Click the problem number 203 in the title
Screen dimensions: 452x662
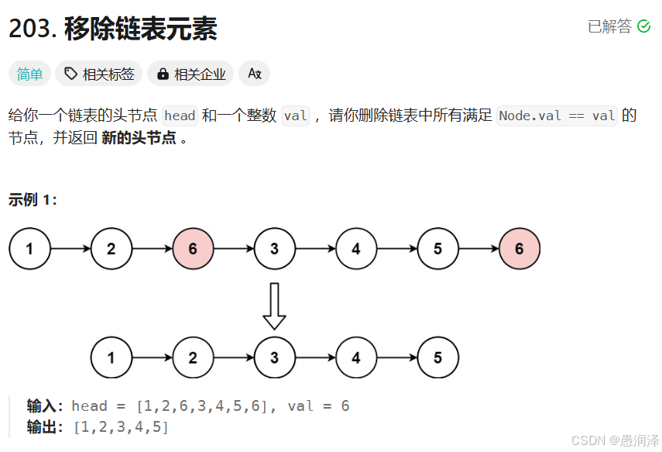30,29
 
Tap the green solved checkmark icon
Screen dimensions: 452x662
643,26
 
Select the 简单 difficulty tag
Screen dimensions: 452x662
30,74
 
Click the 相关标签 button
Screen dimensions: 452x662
99,74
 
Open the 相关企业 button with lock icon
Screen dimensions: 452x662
191,74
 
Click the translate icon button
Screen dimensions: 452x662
254,74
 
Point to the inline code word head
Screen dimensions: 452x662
180,116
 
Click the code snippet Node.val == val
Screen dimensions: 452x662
557,116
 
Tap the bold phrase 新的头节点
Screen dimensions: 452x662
139,139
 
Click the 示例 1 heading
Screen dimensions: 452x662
33,199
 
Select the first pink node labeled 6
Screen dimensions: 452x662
193,249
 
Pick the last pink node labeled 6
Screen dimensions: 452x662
519,249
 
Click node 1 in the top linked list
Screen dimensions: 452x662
29,249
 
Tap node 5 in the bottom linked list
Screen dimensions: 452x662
437,358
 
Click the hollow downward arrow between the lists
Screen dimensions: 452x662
274,305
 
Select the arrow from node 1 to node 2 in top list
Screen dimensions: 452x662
70,249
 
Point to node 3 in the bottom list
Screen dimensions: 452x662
274,358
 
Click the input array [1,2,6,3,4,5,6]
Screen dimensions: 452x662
203,406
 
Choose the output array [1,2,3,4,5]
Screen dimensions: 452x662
121,426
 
